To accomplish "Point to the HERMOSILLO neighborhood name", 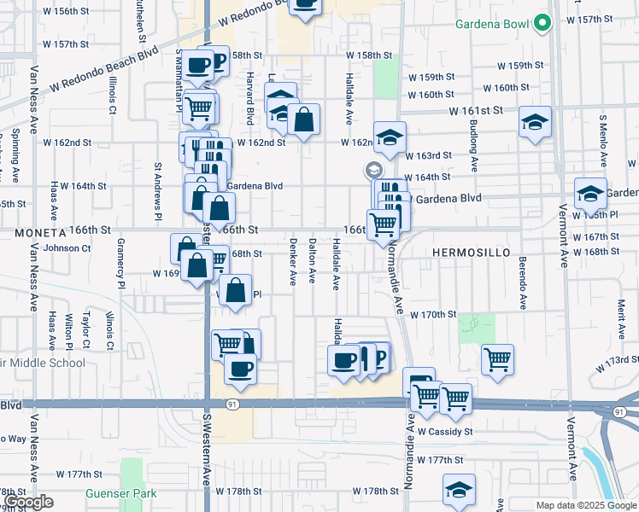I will [472, 253].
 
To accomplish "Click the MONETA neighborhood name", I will [39, 231].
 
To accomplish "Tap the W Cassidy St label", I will [445, 432].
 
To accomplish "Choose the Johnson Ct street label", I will [67, 248].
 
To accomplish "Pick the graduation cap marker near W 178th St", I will [459, 490].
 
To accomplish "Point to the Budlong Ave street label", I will [473, 137].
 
